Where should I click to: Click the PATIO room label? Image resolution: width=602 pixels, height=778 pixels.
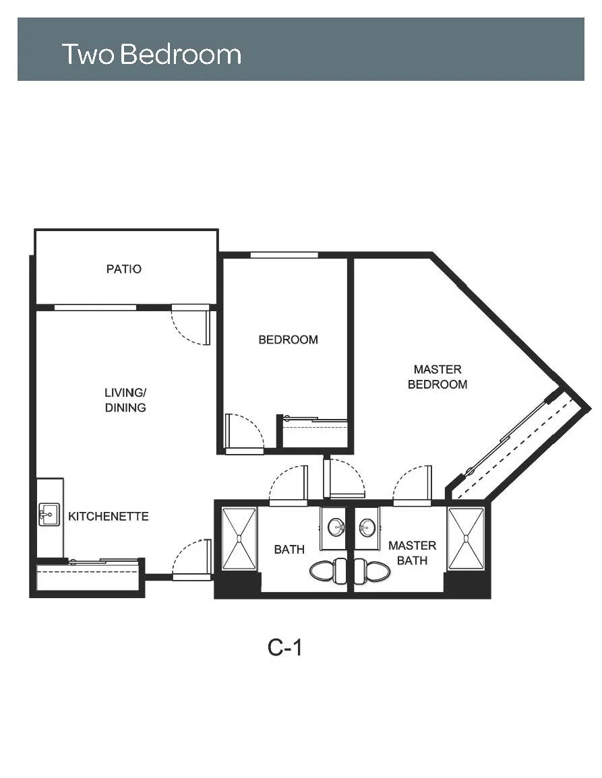pos(123,269)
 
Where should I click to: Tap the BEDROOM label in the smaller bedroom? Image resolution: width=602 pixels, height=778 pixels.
pos(288,340)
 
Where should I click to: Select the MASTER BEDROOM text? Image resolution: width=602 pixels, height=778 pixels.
pos(437,377)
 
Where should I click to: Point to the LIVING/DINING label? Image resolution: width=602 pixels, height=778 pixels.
pos(125,400)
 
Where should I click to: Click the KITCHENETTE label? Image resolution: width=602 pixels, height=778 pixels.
pos(109,517)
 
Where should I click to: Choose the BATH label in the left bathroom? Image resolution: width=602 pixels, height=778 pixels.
pos(289,549)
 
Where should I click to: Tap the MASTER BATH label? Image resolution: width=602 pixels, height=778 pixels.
pos(413,553)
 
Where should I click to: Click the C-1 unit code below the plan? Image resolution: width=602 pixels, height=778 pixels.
pos(284,647)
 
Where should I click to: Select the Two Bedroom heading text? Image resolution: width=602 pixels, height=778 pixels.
pos(152,54)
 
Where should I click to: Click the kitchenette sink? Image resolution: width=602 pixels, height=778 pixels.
pos(49,515)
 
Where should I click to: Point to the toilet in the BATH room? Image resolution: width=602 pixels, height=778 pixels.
pos(328,571)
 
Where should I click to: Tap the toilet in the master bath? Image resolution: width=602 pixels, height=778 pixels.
pos(372,571)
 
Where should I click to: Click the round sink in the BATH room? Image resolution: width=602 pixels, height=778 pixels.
pos(337,527)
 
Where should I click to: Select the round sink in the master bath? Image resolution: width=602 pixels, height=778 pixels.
pos(367,527)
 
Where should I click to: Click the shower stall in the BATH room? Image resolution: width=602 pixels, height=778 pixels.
pos(239,538)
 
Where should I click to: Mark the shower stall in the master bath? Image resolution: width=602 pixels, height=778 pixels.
pos(465,538)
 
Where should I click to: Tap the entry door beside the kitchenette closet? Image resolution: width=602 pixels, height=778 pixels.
pos(191,559)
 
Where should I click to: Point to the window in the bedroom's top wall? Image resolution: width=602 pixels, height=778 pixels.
pos(284,255)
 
